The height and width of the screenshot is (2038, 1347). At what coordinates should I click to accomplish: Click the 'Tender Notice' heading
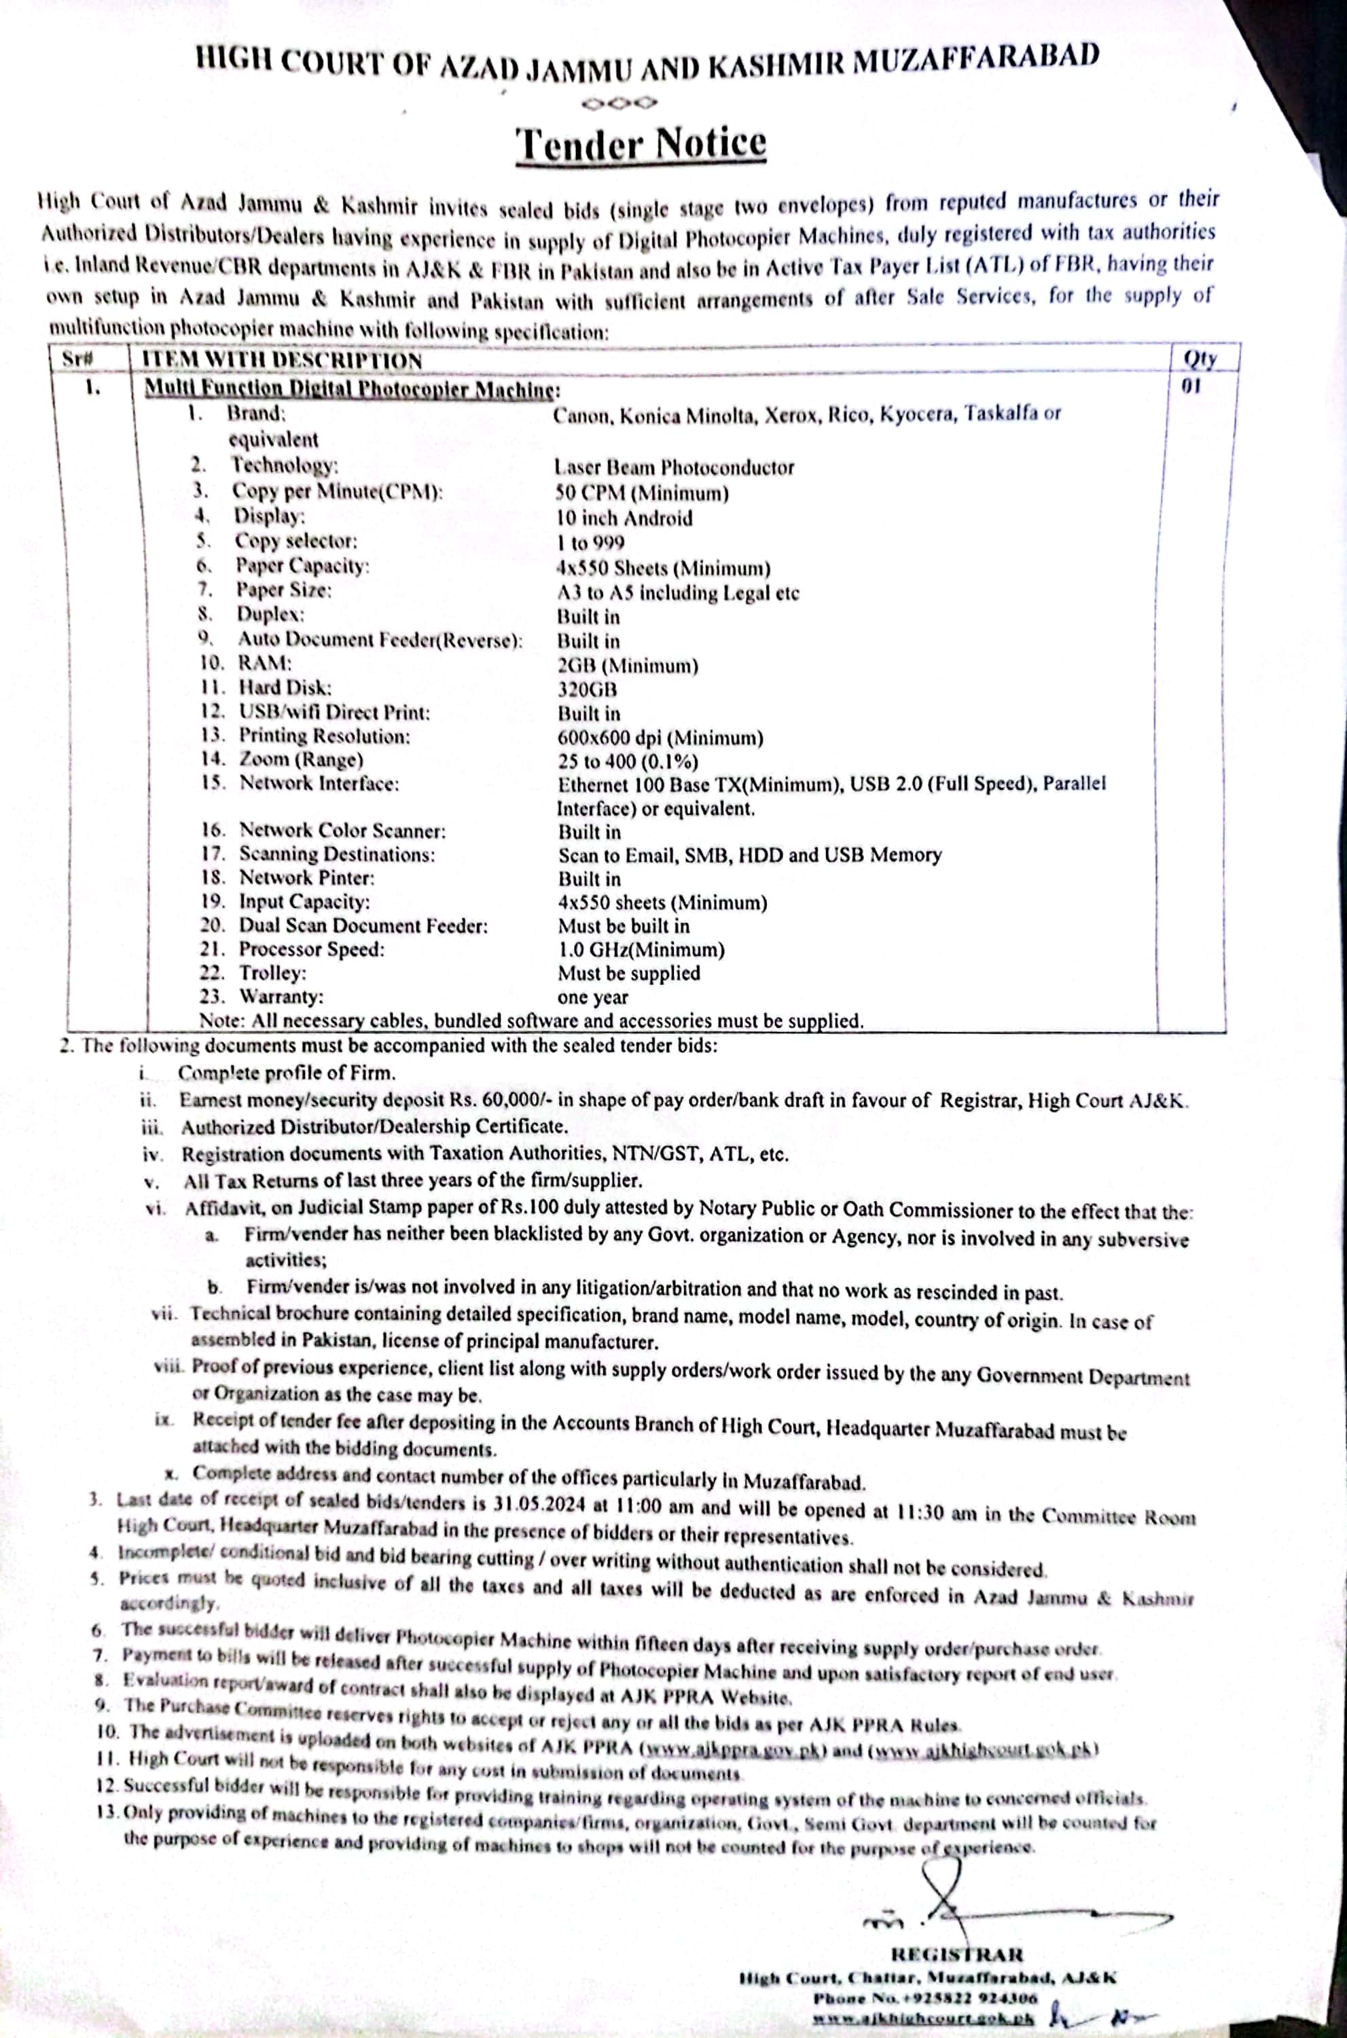click(641, 143)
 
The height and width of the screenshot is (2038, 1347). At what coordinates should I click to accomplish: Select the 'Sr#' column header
click(77, 358)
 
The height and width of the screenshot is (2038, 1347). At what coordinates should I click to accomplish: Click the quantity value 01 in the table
click(1191, 386)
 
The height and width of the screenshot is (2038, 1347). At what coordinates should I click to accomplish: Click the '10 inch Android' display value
click(624, 518)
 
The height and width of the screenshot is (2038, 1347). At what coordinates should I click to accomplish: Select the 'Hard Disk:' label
click(285, 687)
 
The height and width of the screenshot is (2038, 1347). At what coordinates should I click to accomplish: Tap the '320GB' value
click(587, 689)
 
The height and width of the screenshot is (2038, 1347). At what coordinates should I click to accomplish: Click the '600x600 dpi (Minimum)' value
click(660, 737)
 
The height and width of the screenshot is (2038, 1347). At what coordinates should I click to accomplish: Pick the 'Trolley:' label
click(272, 973)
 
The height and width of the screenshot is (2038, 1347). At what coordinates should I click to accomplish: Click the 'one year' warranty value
click(593, 997)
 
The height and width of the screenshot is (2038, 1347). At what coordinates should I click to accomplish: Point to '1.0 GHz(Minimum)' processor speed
click(641, 950)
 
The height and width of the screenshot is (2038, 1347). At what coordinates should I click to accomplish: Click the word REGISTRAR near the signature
click(957, 1954)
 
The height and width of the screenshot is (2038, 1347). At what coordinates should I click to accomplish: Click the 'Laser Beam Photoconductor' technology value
click(674, 467)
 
